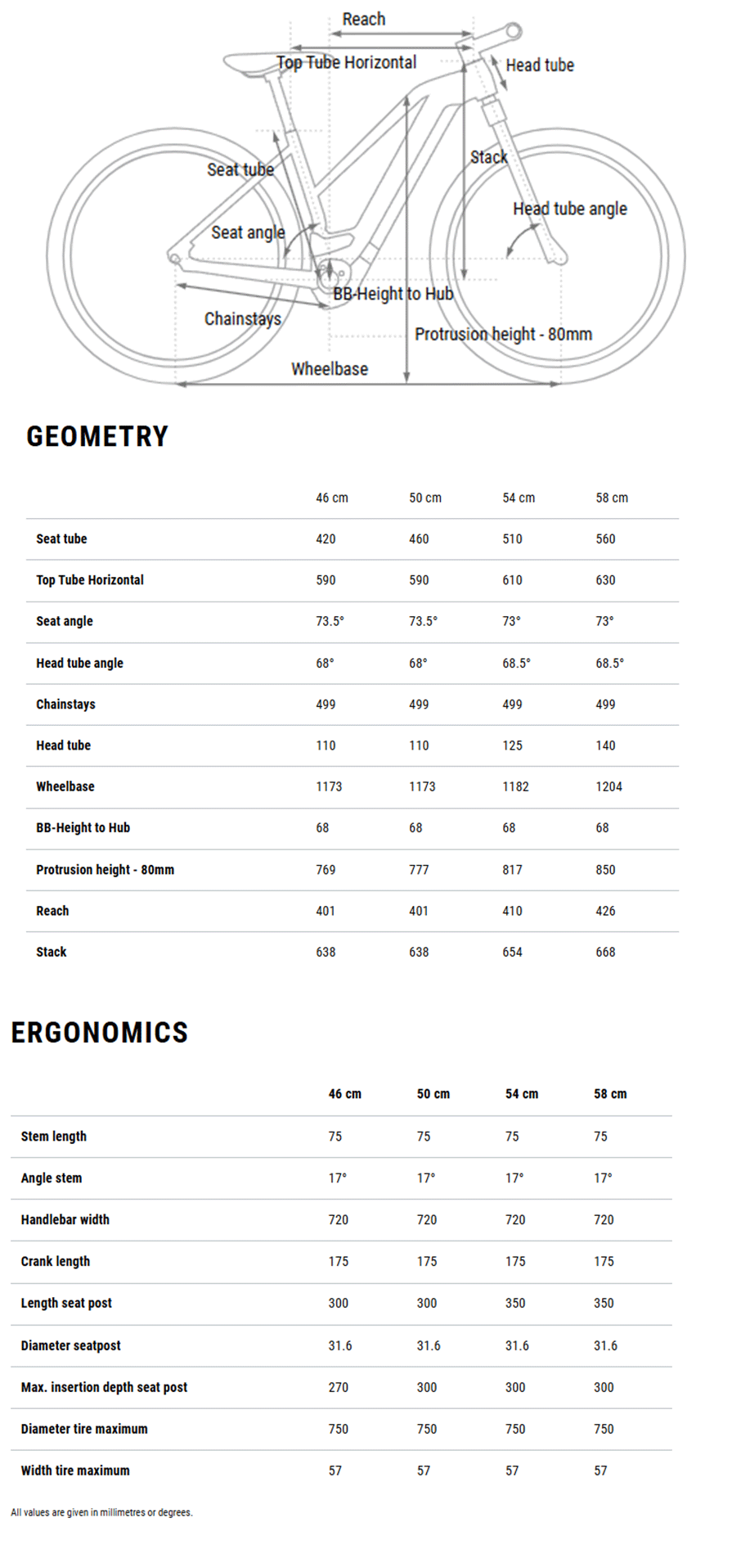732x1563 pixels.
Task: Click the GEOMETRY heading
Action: coord(97,436)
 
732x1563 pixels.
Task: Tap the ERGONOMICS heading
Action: coord(100,1033)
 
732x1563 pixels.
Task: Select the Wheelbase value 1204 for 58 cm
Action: coord(609,786)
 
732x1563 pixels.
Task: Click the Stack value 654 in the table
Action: coord(512,952)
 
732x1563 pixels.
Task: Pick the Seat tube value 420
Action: coord(326,538)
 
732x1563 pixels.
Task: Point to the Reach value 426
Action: coord(605,911)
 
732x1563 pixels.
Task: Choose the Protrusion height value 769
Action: coord(326,870)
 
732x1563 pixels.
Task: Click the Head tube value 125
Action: coord(512,745)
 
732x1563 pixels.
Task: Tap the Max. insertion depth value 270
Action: coord(338,1387)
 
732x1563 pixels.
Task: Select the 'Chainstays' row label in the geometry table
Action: coord(65,705)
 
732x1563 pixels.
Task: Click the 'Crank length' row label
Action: coord(56,1261)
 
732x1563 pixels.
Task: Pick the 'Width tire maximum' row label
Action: coord(75,1471)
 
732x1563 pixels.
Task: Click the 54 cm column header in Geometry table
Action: coord(519,498)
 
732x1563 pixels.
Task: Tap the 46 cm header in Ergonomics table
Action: coord(344,1094)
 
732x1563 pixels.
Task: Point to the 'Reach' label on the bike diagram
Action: coord(364,19)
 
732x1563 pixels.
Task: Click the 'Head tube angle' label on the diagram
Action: coord(570,209)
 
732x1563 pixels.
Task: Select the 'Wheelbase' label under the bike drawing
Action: coord(330,369)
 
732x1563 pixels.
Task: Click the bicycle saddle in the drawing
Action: coord(249,63)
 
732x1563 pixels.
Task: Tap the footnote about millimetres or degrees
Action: coord(101,1512)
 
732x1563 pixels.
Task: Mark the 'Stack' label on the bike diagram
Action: coord(489,157)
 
